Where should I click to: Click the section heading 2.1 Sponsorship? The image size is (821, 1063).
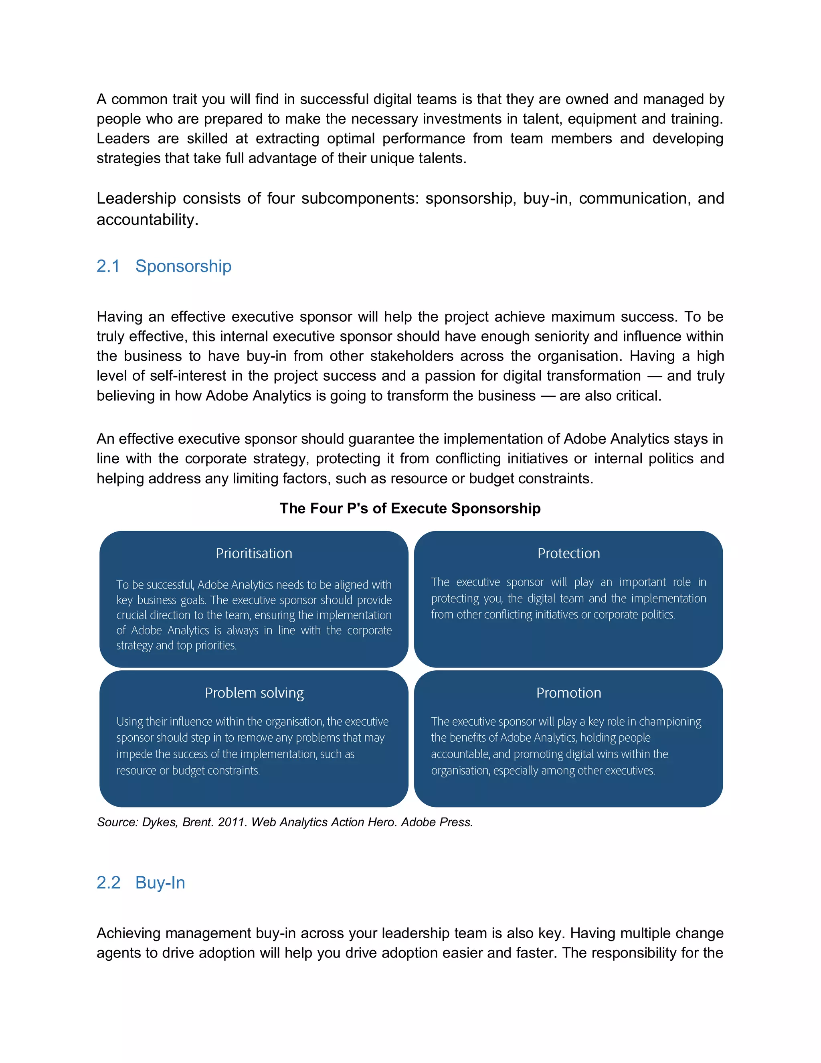click(x=164, y=266)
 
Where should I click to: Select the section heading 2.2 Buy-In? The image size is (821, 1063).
click(x=141, y=882)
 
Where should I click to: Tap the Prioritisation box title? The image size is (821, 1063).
click(x=254, y=554)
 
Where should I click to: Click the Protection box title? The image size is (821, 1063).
click(x=568, y=554)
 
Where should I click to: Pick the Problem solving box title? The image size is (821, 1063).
click(x=254, y=693)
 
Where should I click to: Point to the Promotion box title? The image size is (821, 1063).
click(x=568, y=693)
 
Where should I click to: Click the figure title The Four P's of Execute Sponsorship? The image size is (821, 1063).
click(x=410, y=508)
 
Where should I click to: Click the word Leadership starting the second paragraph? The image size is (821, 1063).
click(x=136, y=199)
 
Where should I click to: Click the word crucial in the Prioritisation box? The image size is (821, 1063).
click(x=132, y=615)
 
